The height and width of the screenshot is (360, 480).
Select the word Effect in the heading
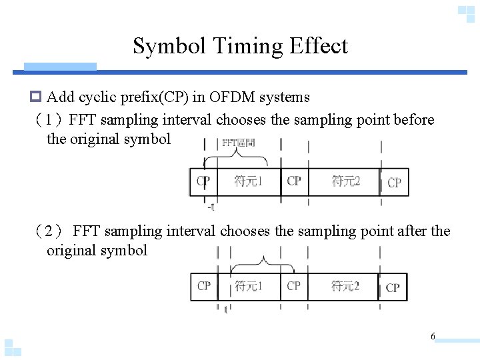(319, 46)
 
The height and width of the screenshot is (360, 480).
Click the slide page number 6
(433, 337)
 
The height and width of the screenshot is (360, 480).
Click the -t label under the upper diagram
(211, 206)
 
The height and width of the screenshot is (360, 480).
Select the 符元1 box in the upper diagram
(248, 181)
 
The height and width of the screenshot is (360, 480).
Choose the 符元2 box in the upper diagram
(346, 181)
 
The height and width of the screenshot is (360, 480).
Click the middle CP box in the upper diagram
(294, 181)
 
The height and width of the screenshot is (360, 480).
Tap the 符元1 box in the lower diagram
(248, 286)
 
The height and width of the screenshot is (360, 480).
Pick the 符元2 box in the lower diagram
(345, 286)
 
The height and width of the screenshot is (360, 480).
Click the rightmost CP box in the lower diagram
(393, 287)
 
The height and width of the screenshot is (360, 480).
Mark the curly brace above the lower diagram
(265, 260)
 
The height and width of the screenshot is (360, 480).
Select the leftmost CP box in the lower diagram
(204, 286)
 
